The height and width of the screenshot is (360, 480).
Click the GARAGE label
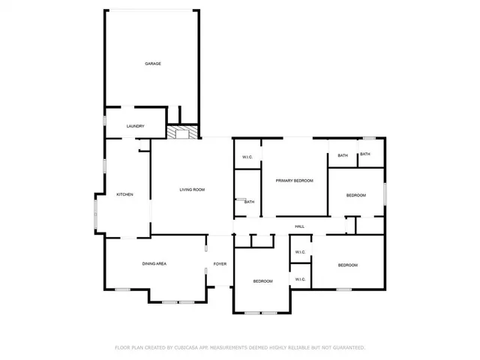click(x=153, y=64)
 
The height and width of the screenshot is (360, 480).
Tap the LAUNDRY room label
click(x=135, y=126)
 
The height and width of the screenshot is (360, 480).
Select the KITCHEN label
click(x=124, y=195)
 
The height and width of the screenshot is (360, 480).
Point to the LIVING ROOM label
click(x=192, y=190)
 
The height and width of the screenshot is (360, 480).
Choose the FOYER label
click(x=220, y=264)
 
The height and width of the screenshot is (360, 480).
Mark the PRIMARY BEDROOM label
click(x=294, y=181)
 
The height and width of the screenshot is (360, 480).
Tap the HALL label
click(x=299, y=226)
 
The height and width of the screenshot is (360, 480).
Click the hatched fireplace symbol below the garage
click(x=181, y=133)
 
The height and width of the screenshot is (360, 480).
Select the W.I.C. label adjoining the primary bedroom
click(x=247, y=157)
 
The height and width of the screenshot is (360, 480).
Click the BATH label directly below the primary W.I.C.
click(x=249, y=201)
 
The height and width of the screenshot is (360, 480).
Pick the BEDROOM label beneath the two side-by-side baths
click(x=355, y=195)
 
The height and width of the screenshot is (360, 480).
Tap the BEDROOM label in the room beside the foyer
click(x=262, y=281)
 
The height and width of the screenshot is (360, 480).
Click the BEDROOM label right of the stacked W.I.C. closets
click(x=347, y=265)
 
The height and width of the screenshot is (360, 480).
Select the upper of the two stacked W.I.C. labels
click(x=300, y=252)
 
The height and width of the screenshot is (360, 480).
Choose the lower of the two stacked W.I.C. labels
click(x=300, y=279)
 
